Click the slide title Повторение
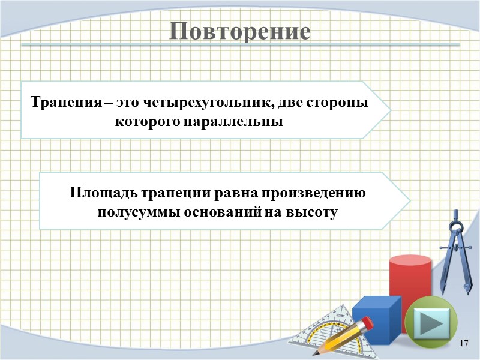(x=239, y=31)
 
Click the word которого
(x=142, y=121)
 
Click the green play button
(x=430, y=324)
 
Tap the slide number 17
(x=463, y=343)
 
